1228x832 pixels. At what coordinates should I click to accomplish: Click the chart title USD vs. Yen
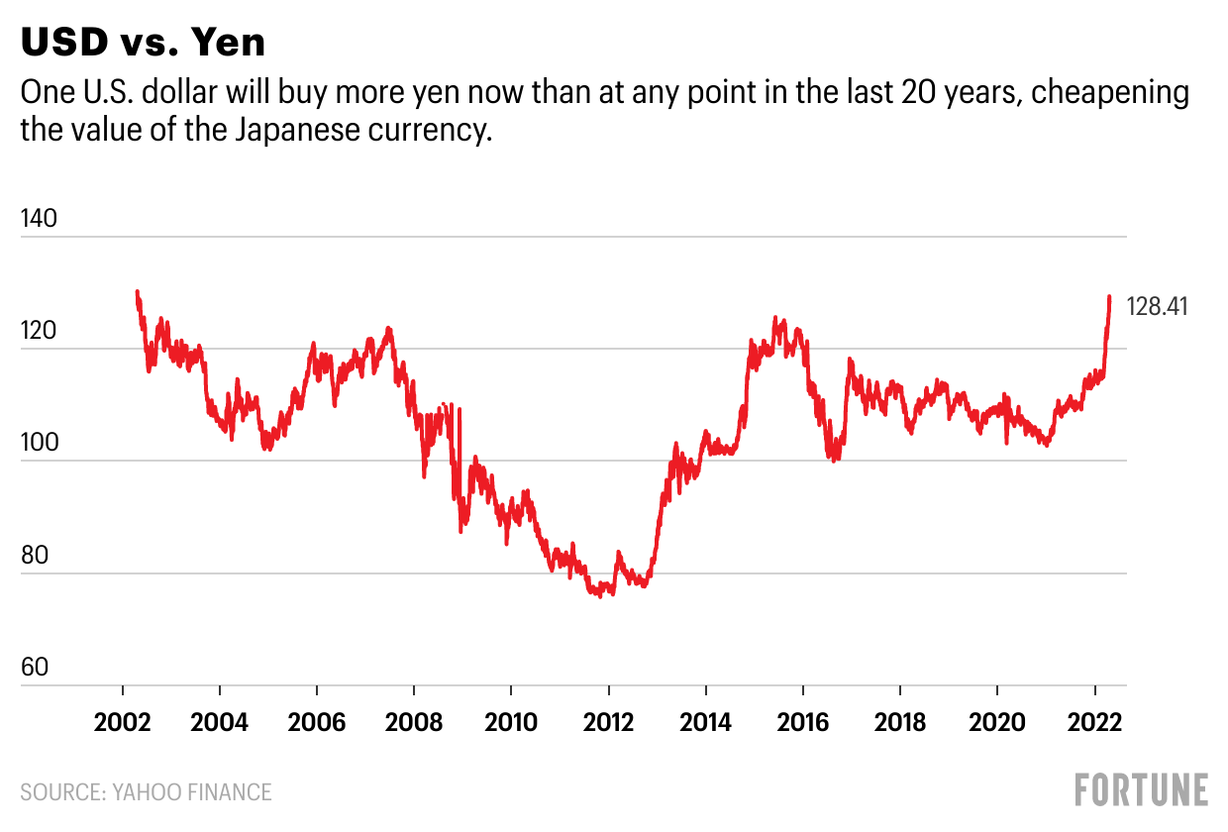[x=143, y=43]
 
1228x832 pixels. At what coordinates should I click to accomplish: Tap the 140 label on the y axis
[x=41, y=219]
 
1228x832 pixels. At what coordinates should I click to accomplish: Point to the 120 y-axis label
[x=41, y=331]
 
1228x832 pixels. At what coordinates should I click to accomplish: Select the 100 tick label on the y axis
[x=41, y=443]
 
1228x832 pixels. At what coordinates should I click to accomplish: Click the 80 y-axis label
[x=36, y=555]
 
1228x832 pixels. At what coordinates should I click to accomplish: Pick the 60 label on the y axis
[x=36, y=667]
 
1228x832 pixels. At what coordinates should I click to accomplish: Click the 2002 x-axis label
[x=122, y=721]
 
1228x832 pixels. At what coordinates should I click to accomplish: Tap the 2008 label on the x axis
[x=413, y=721]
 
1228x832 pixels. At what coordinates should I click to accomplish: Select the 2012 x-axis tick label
[x=608, y=721]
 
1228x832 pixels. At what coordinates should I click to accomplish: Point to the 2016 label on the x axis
[x=802, y=721]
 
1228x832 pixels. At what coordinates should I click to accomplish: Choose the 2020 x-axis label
[x=996, y=721]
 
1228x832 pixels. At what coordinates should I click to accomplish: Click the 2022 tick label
[x=1094, y=721]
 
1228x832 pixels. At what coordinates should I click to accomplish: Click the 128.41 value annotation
[x=1158, y=307]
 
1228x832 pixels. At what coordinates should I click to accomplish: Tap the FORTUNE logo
[x=1141, y=789]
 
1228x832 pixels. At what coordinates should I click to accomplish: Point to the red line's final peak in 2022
[x=1109, y=296]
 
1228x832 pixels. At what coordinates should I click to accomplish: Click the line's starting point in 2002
[x=137, y=291]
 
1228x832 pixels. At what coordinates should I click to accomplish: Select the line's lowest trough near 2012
[x=601, y=595]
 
